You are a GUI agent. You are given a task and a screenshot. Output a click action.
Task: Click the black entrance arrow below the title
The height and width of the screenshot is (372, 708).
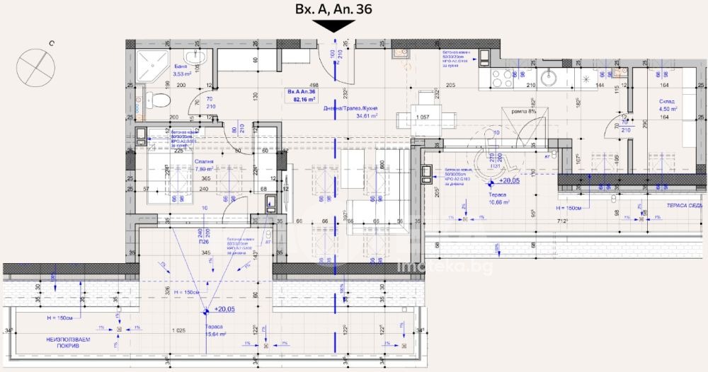[334, 25]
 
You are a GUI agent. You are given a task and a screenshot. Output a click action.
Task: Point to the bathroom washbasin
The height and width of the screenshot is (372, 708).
[191, 57]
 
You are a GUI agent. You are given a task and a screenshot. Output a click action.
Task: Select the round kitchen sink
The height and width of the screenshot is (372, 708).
[549, 77]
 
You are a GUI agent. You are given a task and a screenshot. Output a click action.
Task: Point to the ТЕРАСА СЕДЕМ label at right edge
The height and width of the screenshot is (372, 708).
[683, 205]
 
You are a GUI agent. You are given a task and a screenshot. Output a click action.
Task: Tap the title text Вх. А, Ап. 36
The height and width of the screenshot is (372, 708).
[333, 8]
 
